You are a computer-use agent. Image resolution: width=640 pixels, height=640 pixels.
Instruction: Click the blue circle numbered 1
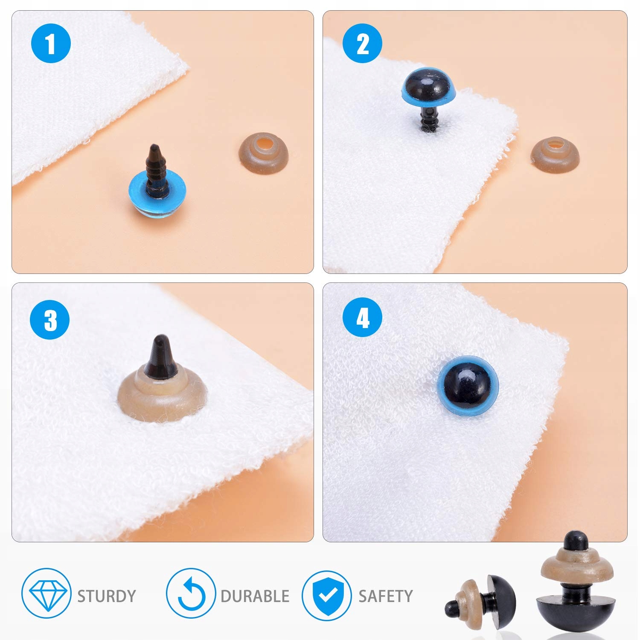pos(51,44)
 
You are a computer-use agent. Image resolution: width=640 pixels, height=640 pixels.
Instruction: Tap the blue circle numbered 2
pos(362,44)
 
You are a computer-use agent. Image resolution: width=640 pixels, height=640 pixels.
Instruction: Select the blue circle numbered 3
pos(50,320)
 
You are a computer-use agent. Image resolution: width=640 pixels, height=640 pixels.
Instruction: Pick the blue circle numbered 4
pos(362,318)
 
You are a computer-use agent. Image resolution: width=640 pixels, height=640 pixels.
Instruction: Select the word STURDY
pos(106,596)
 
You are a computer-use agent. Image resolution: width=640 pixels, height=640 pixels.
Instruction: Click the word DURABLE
pos(255,596)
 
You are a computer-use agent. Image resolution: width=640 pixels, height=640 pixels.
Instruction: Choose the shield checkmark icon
pos(327,595)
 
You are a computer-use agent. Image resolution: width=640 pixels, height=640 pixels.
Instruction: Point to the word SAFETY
pos(385,596)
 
